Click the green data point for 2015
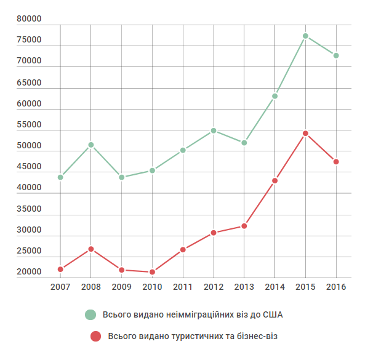click(305, 36)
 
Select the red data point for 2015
click(305, 134)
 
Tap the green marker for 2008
click(91, 145)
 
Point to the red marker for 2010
click(152, 272)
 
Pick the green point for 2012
click(214, 130)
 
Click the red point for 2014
click(275, 181)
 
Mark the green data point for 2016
click(336, 55)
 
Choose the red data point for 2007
click(60, 269)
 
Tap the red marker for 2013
click(244, 226)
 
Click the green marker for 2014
click(275, 96)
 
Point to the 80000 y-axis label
click(29, 19)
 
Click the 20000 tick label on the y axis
click(29, 272)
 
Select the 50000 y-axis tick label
click(29, 146)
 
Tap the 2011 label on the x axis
click(183, 287)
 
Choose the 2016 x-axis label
click(336, 287)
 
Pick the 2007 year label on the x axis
click(60, 287)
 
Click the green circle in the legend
click(90, 314)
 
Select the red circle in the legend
click(95, 337)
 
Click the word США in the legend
click(277, 315)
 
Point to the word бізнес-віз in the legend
click(264, 337)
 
